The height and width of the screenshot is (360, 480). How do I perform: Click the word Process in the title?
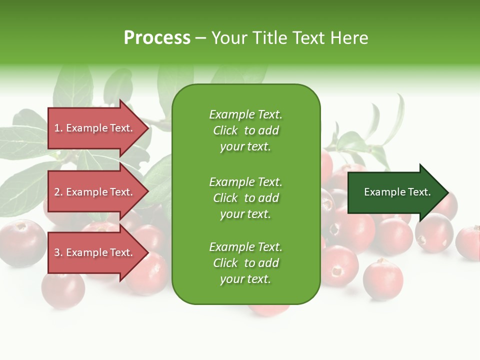click(157, 38)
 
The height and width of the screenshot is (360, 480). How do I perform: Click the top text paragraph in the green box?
click(246, 130)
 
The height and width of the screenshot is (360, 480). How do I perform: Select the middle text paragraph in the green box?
click(246, 198)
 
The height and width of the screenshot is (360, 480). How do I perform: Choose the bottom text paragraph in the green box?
click(246, 263)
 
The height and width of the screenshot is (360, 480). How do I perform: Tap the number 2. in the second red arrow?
click(58, 192)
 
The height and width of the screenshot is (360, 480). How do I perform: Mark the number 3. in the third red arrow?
click(58, 252)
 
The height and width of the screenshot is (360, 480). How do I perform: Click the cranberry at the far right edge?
click(469, 242)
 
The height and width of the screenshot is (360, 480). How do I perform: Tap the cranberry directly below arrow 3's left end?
click(62, 290)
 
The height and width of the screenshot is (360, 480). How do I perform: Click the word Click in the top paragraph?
click(225, 130)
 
